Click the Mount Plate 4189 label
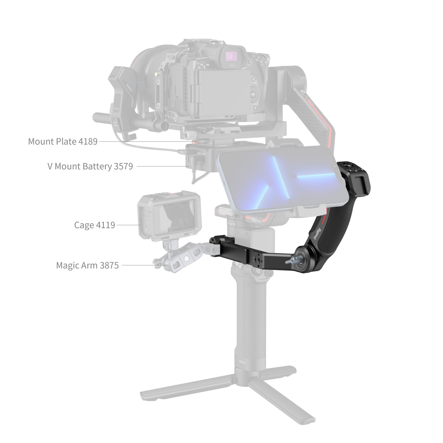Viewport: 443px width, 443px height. coord(63,141)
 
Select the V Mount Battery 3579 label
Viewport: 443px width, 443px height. coord(90,166)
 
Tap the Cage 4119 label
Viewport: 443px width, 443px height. coord(94,225)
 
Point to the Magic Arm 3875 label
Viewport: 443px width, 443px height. coord(87,265)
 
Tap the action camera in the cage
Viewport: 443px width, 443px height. coord(169,215)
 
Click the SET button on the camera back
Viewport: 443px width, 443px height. coord(253,94)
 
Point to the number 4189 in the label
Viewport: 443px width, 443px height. coord(88,141)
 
